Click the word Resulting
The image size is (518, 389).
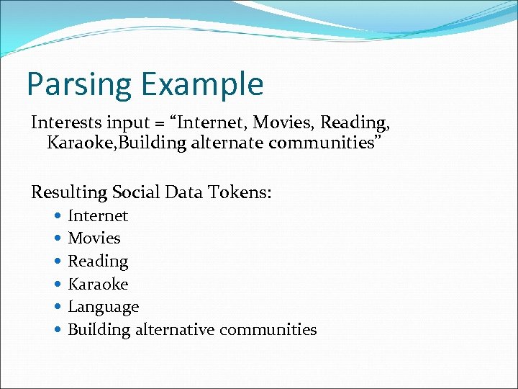point(69,192)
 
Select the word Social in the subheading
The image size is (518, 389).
point(137,192)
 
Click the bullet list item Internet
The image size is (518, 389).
point(98,215)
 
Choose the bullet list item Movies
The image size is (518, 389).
point(94,238)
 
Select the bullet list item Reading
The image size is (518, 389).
point(98,261)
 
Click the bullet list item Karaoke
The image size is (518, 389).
point(98,284)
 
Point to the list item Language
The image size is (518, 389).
point(103,307)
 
